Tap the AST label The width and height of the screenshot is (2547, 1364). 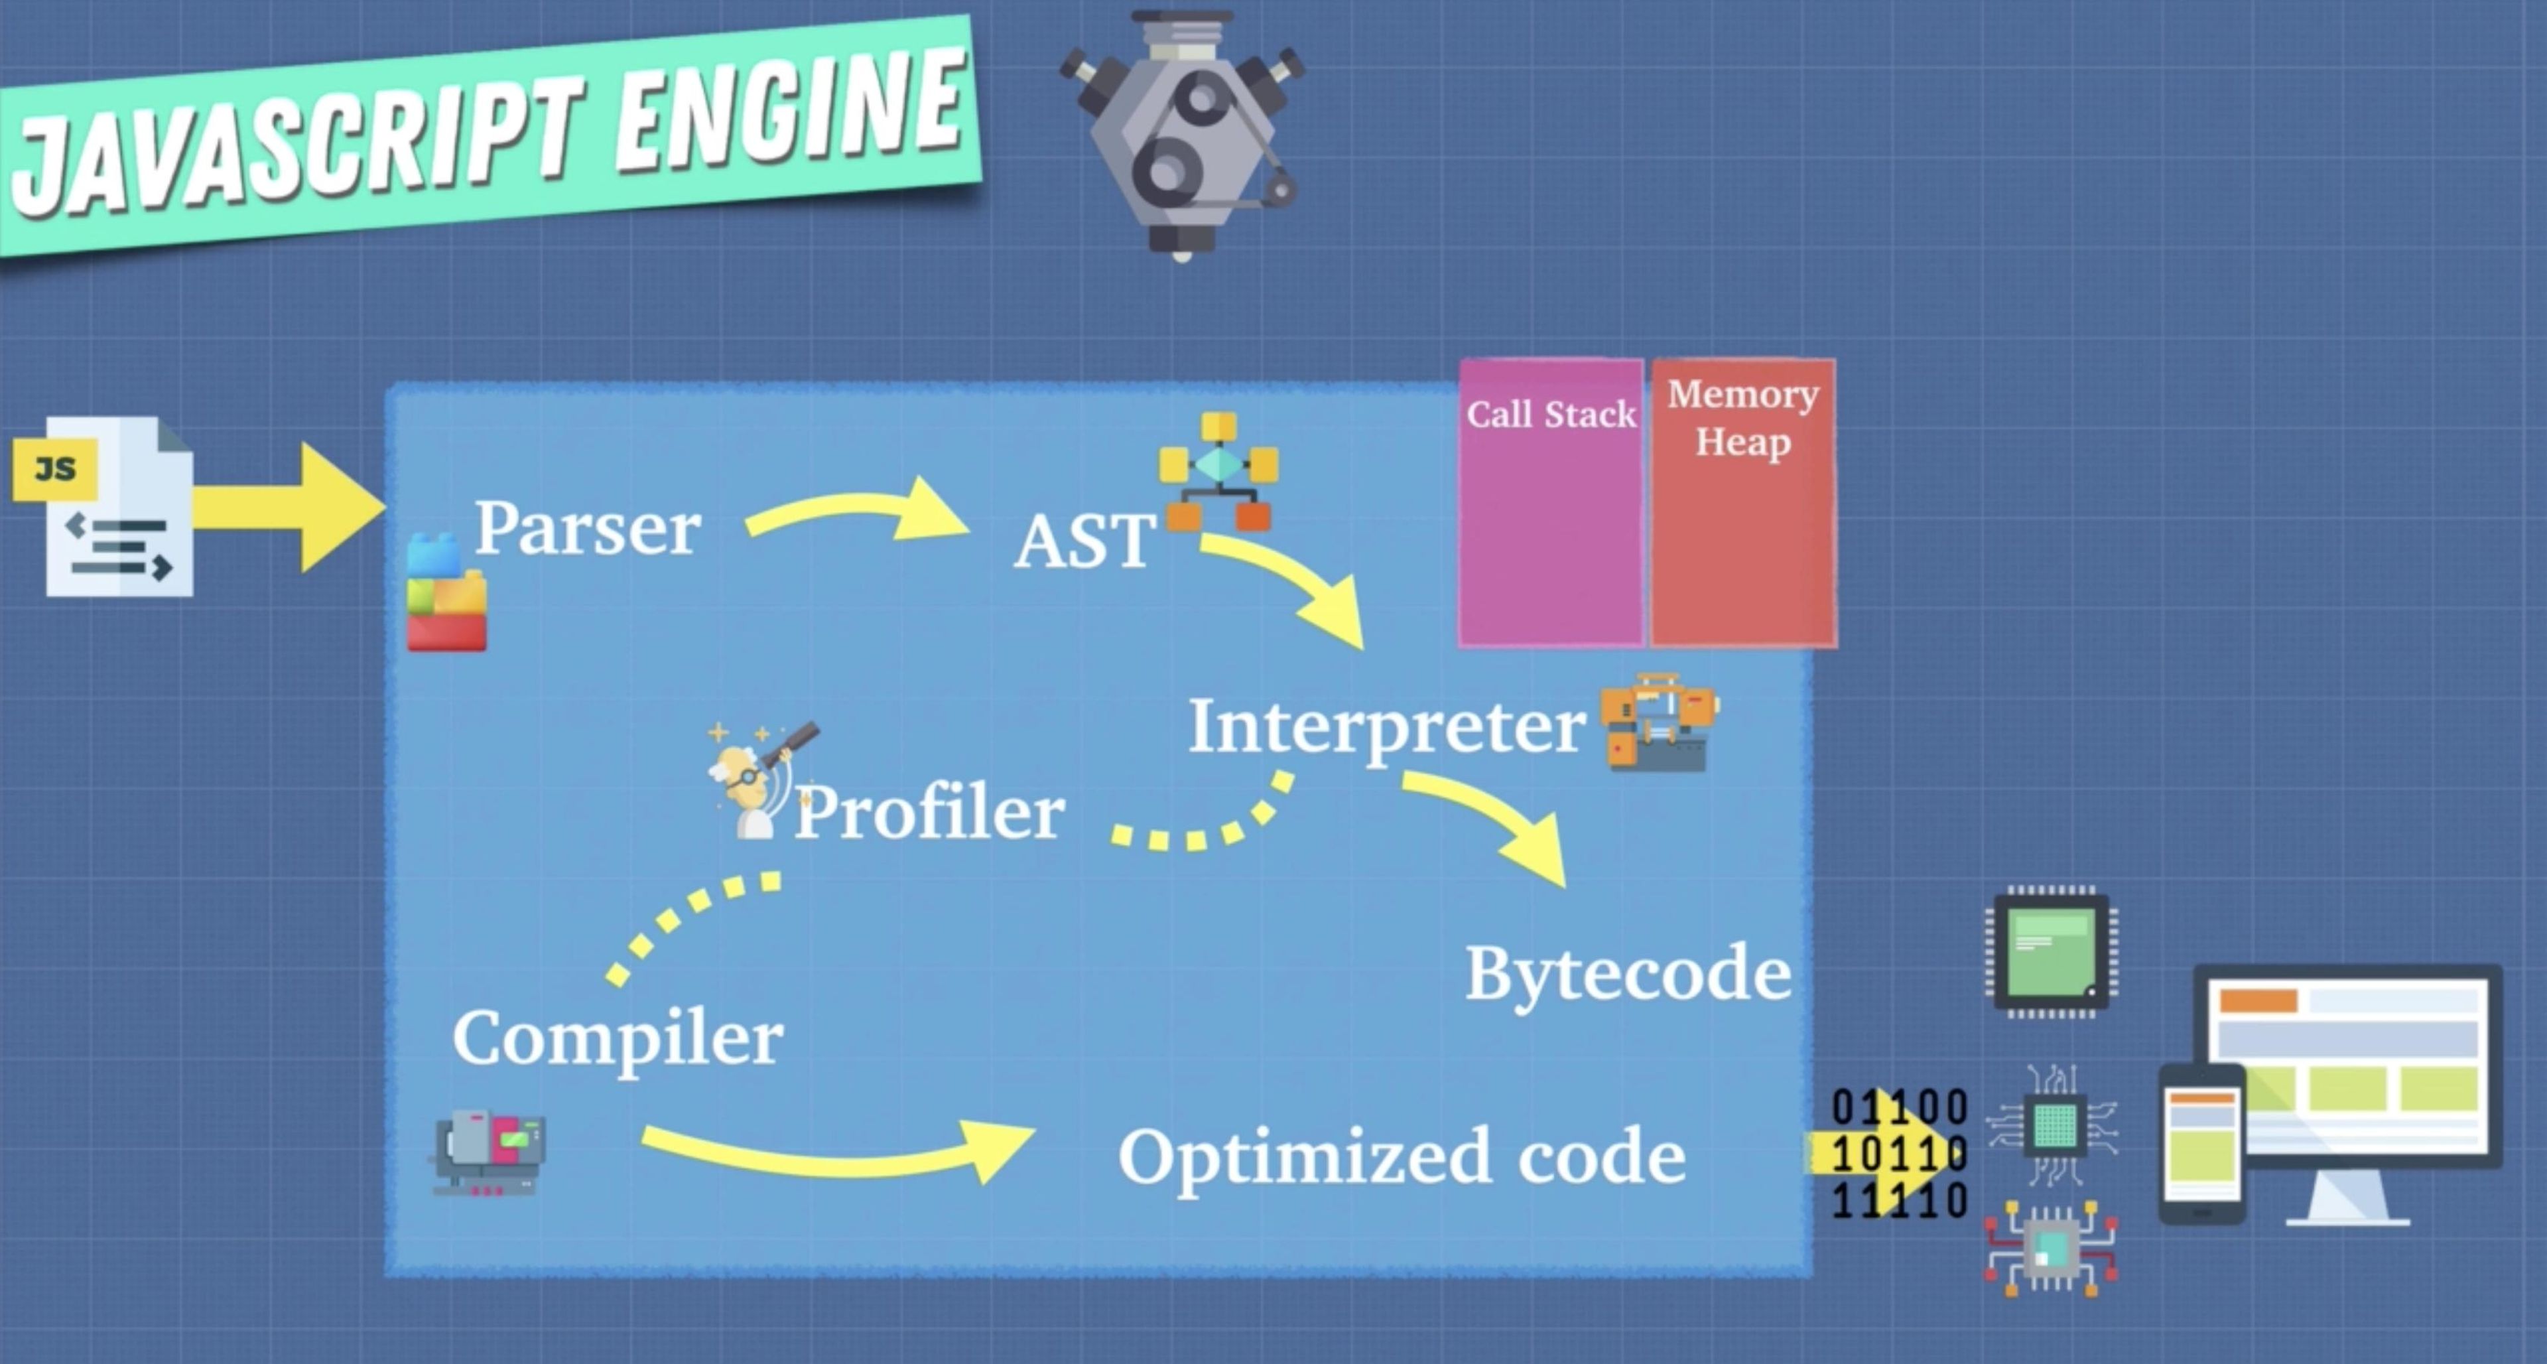click(x=1084, y=542)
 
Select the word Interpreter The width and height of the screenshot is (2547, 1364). click(x=1386, y=728)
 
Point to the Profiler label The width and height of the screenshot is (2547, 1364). click(x=929, y=814)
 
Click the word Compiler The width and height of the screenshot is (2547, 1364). click(x=618, y=1038)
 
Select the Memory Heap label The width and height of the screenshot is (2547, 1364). click(x=1743, y=419)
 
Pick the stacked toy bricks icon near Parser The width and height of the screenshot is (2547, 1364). click(x=447, y=594)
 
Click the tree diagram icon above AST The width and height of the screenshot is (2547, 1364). click(x=1219, y=471)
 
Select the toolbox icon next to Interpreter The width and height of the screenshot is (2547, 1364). click(x=1659, y=722)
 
